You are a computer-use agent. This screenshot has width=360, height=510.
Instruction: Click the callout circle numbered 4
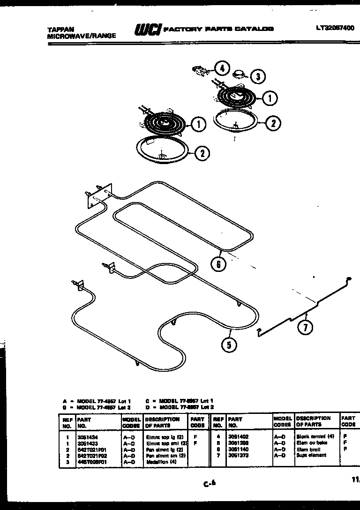coord(222,69)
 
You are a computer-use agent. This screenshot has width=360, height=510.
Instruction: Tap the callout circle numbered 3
coord(257,76)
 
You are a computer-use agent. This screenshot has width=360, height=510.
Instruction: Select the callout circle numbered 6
coord(218,264)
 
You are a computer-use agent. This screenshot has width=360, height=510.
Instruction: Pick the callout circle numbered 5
coord(229,345)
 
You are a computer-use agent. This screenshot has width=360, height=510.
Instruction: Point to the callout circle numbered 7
coord(305,327)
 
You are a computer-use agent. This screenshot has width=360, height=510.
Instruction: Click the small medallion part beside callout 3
coord(240,74)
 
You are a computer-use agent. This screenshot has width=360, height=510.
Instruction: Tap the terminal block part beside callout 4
coord(200,71)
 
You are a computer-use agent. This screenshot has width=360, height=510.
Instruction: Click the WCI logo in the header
coord(148,30)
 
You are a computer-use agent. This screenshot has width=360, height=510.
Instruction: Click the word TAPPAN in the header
coord(60,29)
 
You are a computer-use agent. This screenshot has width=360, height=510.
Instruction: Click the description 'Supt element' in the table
coord(312,455)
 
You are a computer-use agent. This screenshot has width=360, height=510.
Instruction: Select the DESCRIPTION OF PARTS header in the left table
coord(162,422)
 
